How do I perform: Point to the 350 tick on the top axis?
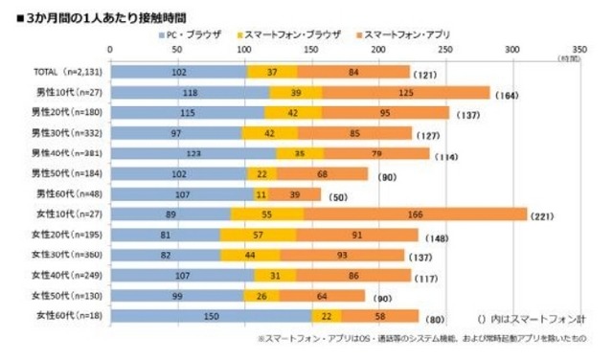coord(578,47)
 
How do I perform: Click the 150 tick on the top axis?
coord(310,47)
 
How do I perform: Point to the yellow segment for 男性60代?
coord(260,194)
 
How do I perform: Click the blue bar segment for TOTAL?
coord(178,72)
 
